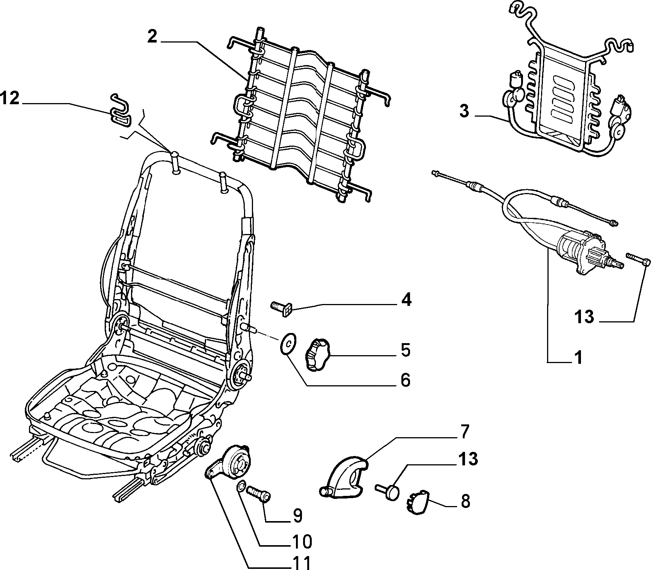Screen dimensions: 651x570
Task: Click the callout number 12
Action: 9,99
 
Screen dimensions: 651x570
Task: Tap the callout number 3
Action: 465,111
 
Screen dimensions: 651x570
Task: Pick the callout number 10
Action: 302,541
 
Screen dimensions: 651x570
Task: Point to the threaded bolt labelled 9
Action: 258,493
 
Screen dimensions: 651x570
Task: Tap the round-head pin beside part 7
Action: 388,490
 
